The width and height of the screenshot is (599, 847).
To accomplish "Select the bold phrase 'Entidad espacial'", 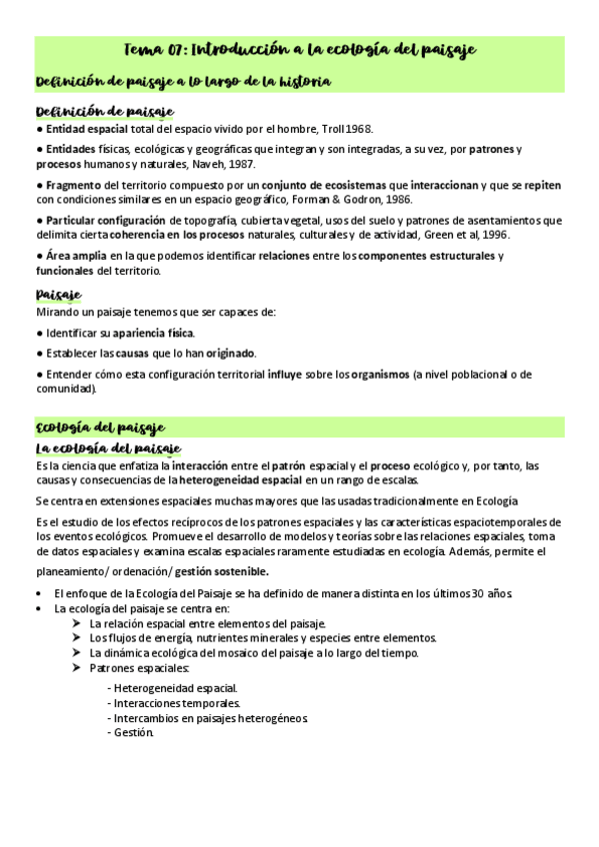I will tap(87, 129).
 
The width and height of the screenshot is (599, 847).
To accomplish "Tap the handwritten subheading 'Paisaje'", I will tap(58, 294).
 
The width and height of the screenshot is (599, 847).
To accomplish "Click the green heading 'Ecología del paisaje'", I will tap(100, 426).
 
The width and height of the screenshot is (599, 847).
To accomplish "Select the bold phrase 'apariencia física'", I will tap(154, 333).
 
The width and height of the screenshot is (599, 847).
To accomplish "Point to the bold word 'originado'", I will tap(231, 354).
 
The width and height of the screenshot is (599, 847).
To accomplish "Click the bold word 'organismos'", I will tap(374, 375).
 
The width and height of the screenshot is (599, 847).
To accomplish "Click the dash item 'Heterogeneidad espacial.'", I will tap(176, 688).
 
